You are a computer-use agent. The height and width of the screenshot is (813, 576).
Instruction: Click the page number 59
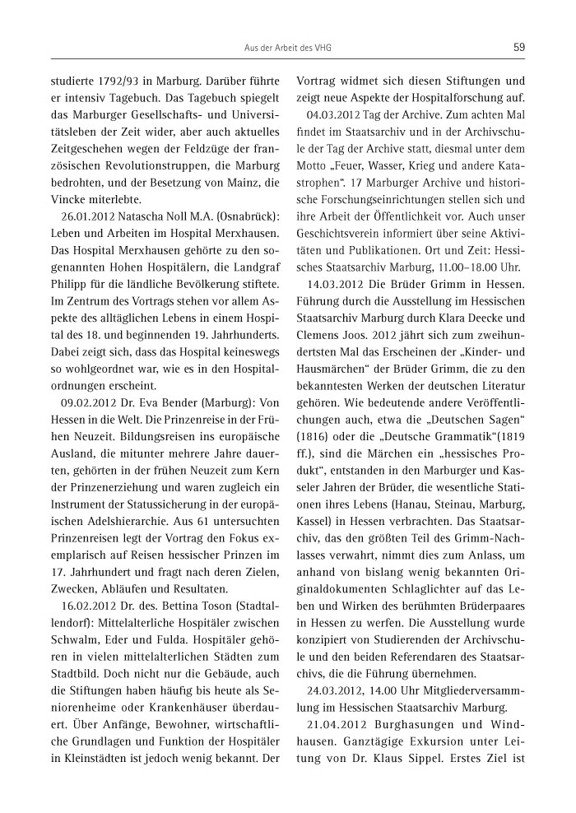[518, 47]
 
